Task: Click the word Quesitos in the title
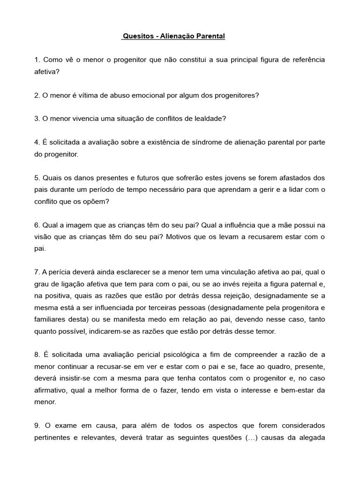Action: tap(136, 36)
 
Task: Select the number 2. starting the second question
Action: tap(37, 95)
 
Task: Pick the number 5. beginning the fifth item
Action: tap(37, 178)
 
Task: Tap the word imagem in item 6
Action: tap(76, 225)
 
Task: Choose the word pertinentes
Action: tap(54, 438)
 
